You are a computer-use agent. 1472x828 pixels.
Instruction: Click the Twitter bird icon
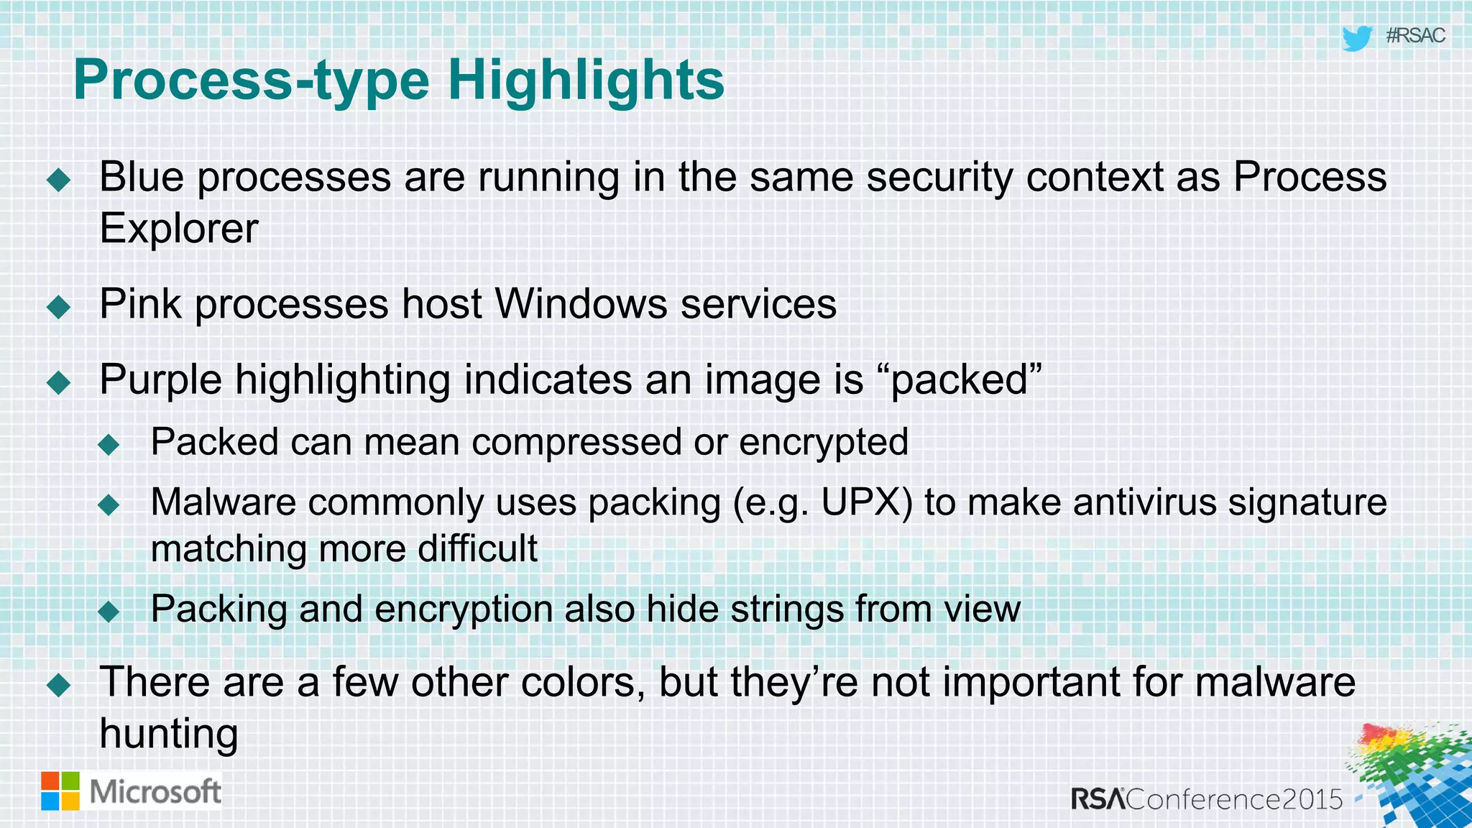(x=1357, y=38)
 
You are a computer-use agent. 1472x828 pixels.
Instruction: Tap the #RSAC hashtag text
(x=1415, y=36)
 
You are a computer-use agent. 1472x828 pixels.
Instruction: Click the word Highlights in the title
(x=586, y=80)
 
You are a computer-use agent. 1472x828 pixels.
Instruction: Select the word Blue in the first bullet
(x=142, y=177)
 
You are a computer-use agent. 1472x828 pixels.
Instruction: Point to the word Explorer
(x=178, y=229)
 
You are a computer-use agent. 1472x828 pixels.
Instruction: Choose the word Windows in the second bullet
(x=581, y=303)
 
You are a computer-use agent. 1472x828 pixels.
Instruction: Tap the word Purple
(x=161, y=380)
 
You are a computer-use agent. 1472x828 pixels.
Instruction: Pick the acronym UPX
(x=866, y=502)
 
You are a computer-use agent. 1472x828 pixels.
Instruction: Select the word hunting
(x=169, y=735)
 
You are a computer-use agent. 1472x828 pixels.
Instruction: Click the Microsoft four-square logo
(x=60, y=791)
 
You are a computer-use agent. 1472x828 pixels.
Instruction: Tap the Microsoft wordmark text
(x=155, y=792)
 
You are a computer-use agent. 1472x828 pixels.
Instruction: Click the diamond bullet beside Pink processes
(x=58, y=307)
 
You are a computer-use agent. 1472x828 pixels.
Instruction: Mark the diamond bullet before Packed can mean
(x=109, y=444)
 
